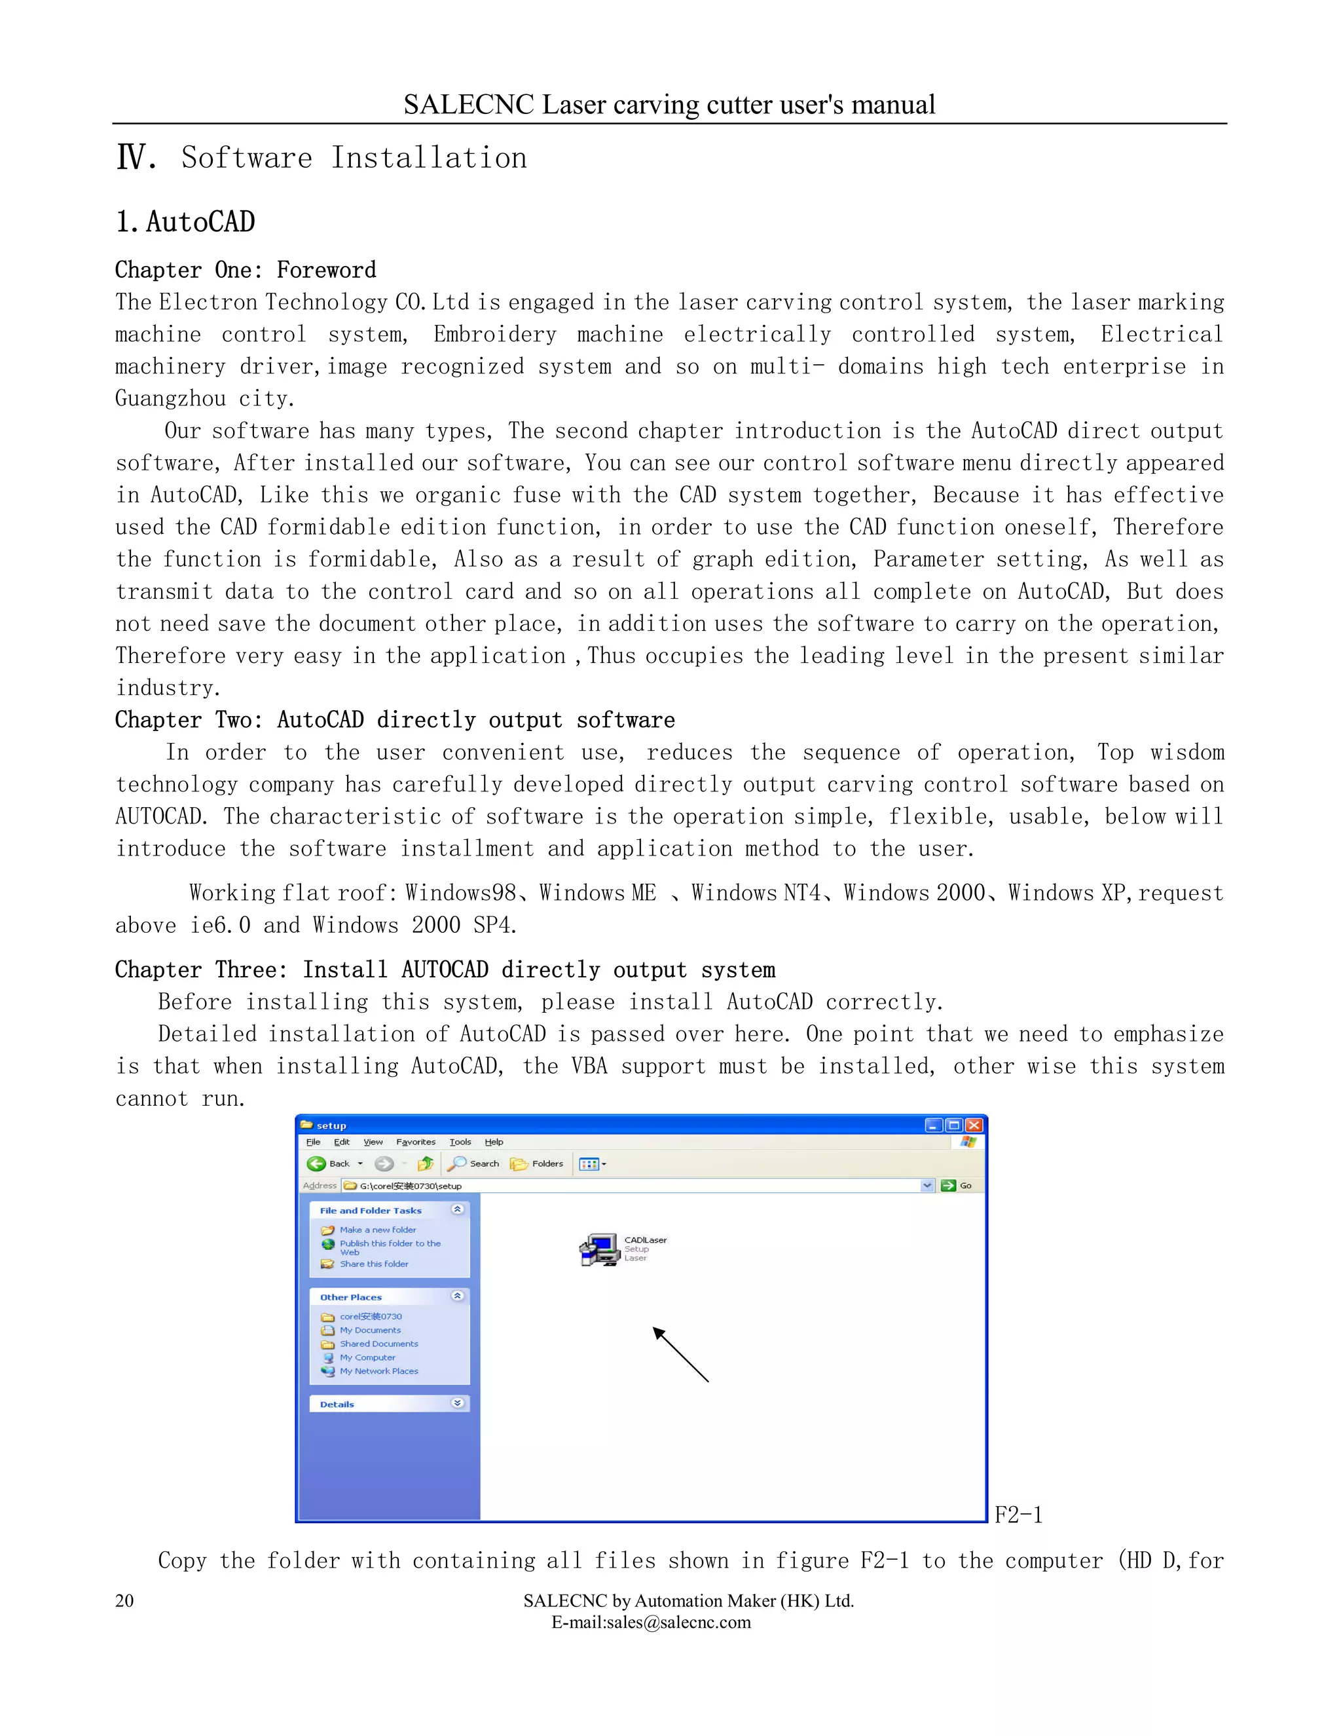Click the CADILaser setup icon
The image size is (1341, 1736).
point(600,1249)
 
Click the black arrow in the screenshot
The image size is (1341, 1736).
point(680,1355)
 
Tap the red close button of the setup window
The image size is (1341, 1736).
point(974,1125)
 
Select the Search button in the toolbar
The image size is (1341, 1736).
point(474,1163)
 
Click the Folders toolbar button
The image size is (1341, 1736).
point(537,1163)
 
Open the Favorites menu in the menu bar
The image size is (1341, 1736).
point(416,1142)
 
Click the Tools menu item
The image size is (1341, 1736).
point(460,1142)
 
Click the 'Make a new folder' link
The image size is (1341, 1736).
point(377,1230)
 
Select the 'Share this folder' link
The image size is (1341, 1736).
point(373,1264)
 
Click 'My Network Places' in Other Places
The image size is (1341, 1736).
point(378,1371)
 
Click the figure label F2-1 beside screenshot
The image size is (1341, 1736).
point(1018,1515)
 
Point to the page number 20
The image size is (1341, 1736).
point(124,1601)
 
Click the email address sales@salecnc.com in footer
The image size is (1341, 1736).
point(651,1622)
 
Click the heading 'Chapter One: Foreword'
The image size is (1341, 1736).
point(246,271)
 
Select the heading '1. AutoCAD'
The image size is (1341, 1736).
point(185,222)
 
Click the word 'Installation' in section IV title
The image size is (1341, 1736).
point(429,158)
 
